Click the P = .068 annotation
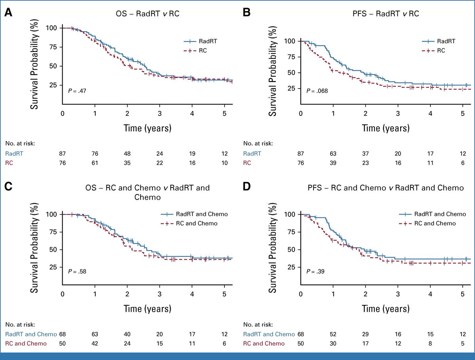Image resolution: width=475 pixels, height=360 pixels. (317, 91)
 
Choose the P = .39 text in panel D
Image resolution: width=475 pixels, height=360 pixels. (315, 271)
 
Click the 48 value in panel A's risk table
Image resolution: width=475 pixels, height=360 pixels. (127, 153)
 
